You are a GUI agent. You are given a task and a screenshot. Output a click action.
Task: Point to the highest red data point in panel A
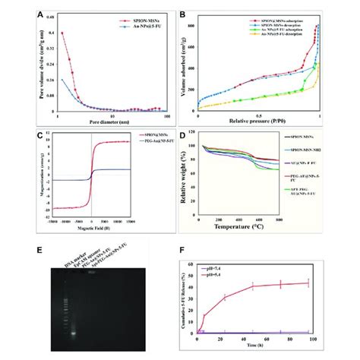point(62,33)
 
